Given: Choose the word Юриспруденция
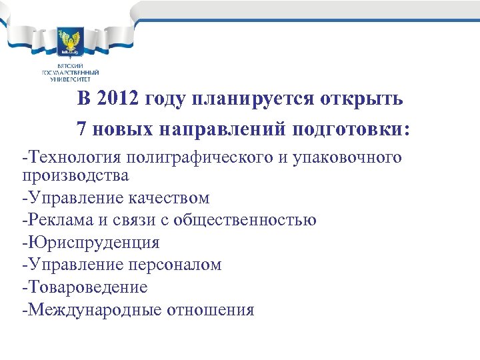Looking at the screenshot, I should [x=93, y=243].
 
